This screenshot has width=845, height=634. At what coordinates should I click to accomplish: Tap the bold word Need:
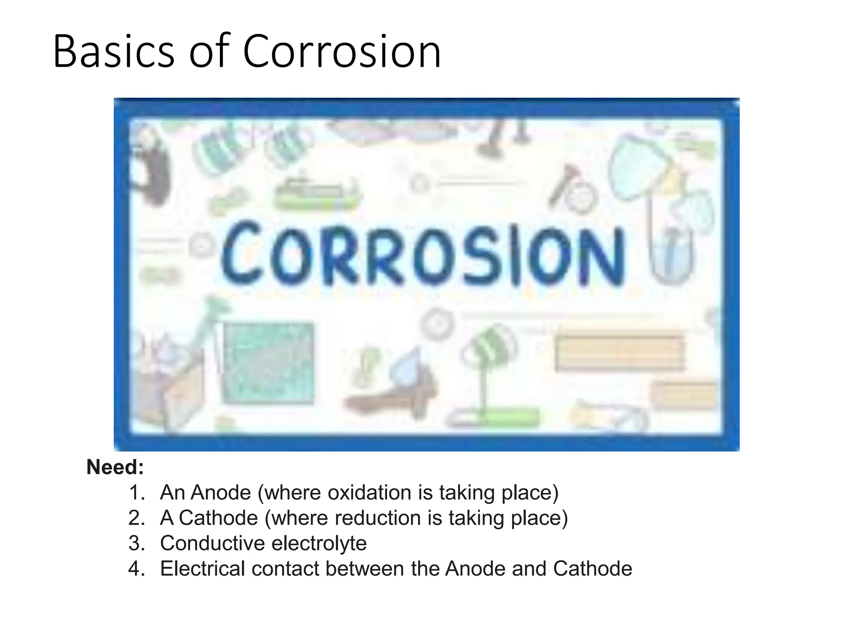point(115,467)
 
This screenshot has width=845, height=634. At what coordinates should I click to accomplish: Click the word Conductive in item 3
point(212,543)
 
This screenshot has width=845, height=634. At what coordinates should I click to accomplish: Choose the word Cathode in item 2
point(218,518)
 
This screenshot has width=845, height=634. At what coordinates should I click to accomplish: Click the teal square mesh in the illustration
point(269,362)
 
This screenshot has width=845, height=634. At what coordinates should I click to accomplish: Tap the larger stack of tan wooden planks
point(618,353)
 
